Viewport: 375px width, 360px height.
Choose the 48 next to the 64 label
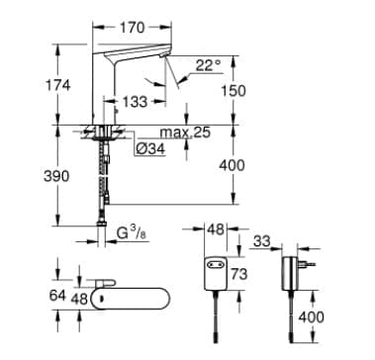[80, 298]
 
